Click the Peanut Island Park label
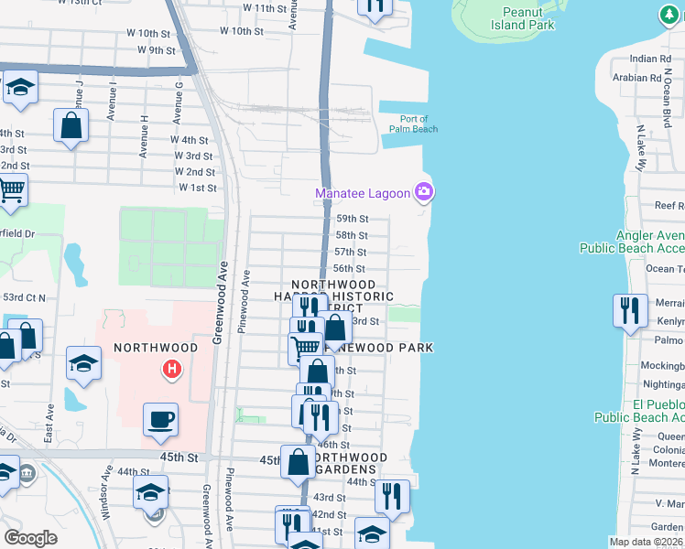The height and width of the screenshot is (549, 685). pyautogui.click(x=528, y=18)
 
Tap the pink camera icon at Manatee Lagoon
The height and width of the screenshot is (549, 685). pyautogui.click(x=423, y=192)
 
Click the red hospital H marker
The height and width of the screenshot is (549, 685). pyautogui.click(x=170, y=370)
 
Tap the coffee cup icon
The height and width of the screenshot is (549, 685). pyautogui.click(x=161, y=420)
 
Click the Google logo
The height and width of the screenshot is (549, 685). pyautogui.click(x=30, y=538)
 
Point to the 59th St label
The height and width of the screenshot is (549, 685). pyautogui.click(x=352, y=219)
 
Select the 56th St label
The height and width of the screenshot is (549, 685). pyautogui.click(x=349, y=268)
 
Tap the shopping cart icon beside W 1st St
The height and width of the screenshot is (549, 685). pyautogui.click(x=11, y=190)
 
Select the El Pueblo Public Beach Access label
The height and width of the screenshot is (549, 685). pyautogui.click(x=638, y=410)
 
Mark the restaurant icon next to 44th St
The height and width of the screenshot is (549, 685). pyautogui.click(x=392, y=496)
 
